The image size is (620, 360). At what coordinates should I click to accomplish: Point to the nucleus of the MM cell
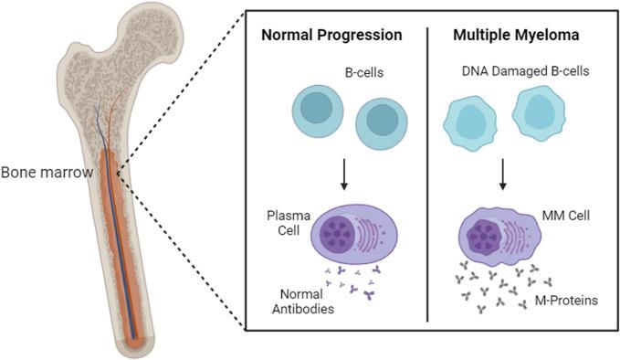pyautogui.click(x=484, y=237)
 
